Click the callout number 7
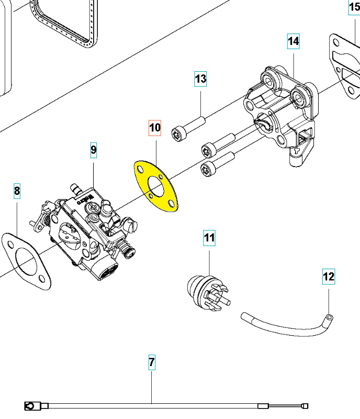coord(152,362)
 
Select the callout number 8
coord(17,191)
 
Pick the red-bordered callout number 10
coord(155,127)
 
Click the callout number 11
coord(209,239)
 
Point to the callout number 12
coord(329,276)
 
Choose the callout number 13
coord(201,79)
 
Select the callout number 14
coord(293,40)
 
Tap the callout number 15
coord(354,8)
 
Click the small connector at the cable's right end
coord(305,405)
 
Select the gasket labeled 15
coord(345,68)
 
